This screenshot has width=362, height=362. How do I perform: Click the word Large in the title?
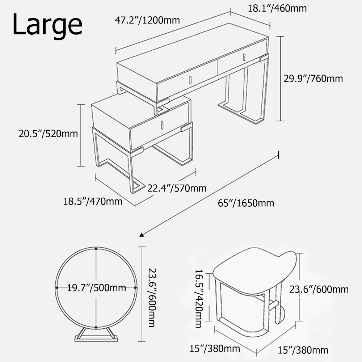pos(47,25)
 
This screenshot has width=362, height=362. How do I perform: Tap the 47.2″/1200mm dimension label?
pos(147,20)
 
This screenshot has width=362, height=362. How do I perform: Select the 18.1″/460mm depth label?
pos(277,9)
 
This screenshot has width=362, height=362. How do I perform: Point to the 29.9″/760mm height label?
pos(313,79)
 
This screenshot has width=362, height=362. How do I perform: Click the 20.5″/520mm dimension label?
pos(48,134)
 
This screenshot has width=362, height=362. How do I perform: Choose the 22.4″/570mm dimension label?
pos(177,188)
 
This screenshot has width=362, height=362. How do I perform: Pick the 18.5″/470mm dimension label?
pos(93,201)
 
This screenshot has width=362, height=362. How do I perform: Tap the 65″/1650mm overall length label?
pos(246,203)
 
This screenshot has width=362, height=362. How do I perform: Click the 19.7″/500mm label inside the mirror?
pos(97,288)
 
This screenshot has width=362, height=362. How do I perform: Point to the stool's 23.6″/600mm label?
pos(319,289)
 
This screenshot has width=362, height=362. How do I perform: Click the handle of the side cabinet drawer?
pos(162,125)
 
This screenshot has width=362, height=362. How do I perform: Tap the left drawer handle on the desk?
pos(190,80)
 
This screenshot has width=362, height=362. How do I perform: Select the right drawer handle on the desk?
pos(244,57)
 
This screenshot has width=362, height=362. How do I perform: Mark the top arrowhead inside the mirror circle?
pos(96,249)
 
